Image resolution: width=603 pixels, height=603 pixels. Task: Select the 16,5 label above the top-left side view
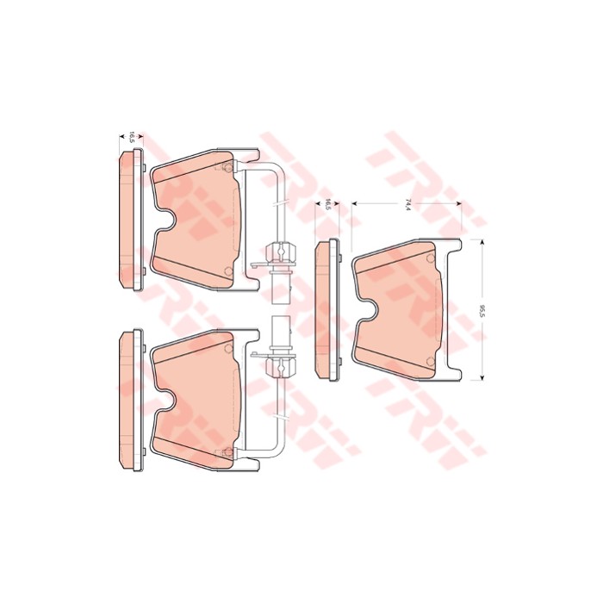tap(132, 137)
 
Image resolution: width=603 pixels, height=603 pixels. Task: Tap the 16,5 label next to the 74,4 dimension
tap(327, 205)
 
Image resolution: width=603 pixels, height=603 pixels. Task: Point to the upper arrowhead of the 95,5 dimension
tap(481, 241)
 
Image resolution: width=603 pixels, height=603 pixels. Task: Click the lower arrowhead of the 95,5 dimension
tap(481, 377)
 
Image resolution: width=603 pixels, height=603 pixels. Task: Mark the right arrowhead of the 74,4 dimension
tap(459, 205)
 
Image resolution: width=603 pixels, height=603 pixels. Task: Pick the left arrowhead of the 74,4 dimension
tap(354, 205)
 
